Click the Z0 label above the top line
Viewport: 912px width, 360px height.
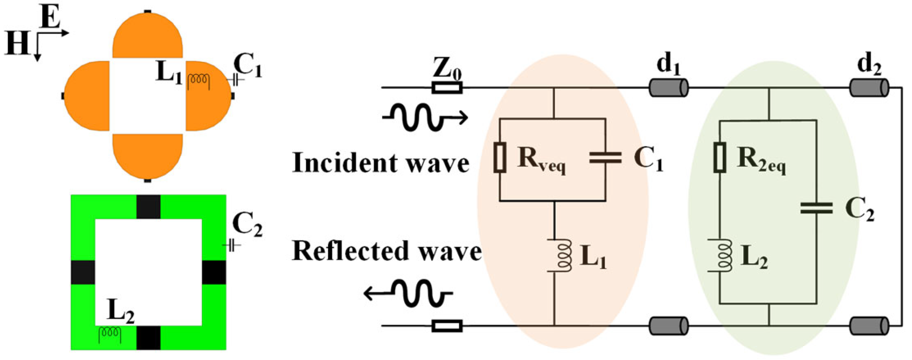446,69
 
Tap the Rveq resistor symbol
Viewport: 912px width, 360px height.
500,157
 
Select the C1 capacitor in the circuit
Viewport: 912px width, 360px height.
605,158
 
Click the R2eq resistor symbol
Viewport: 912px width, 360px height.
720,157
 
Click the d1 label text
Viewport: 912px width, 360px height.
668,64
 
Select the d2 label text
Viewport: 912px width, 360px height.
868,64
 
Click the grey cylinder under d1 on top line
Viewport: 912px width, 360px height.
668,87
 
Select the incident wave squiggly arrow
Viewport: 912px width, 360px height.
424,117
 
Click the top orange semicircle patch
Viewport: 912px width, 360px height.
148,37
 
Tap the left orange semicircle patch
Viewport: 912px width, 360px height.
87,96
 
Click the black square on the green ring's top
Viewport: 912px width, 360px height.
148,207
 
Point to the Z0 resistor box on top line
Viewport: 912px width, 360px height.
447,88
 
